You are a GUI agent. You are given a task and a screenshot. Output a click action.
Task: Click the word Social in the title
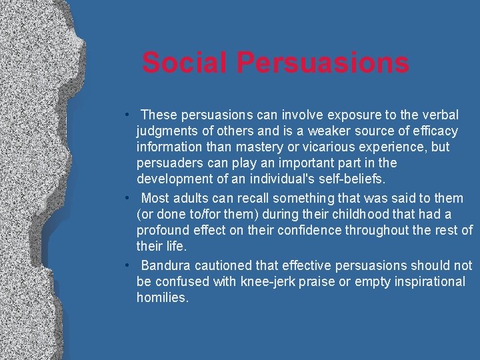pos(185,63)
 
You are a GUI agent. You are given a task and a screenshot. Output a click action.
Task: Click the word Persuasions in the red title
pos(322,63)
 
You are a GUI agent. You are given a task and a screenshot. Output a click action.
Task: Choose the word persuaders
pos(169,163)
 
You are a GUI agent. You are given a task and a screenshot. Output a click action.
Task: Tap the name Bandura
pos(166,265)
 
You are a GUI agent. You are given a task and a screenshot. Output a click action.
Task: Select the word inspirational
pos(424,281)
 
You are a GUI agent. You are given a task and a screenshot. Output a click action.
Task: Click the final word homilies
pos(162,297)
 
